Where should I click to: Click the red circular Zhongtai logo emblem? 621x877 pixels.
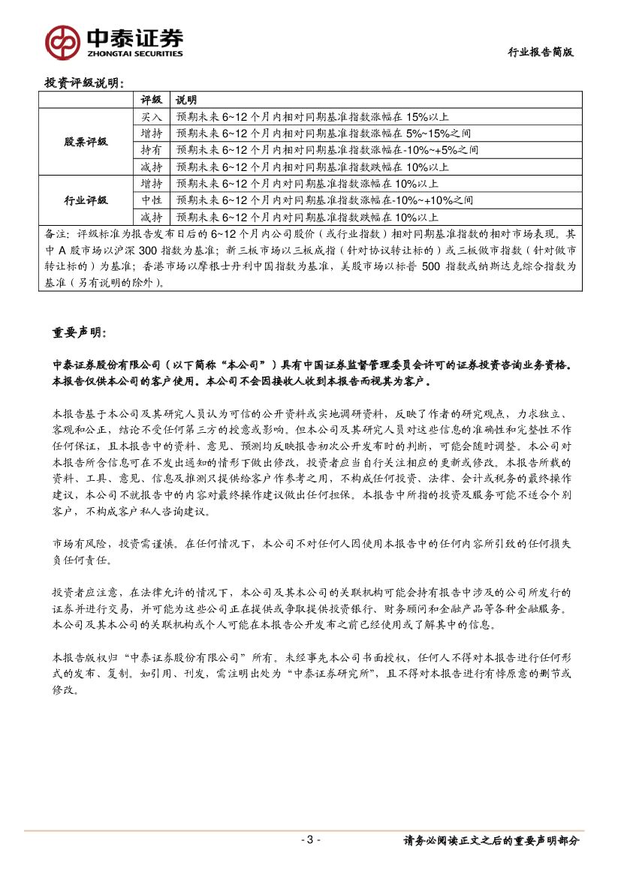[62, 42]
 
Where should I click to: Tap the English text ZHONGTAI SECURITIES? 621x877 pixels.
[135, 54]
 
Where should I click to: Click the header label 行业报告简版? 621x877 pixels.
[541, 52]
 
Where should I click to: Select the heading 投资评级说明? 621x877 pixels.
[85, 82]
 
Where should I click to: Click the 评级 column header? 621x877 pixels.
[152, 100]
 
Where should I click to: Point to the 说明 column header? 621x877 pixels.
[186, 100]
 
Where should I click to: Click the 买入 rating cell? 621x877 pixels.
[152, 116]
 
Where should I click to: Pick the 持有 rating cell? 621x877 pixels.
[152, 150]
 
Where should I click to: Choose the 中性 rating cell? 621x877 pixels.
[152, 200]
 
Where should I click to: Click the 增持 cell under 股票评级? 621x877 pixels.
[152, 134]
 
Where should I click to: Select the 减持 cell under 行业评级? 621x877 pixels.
[152, 217]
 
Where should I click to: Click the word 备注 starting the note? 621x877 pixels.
[56, 233]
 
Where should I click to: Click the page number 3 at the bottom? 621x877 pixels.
[309, 839]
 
